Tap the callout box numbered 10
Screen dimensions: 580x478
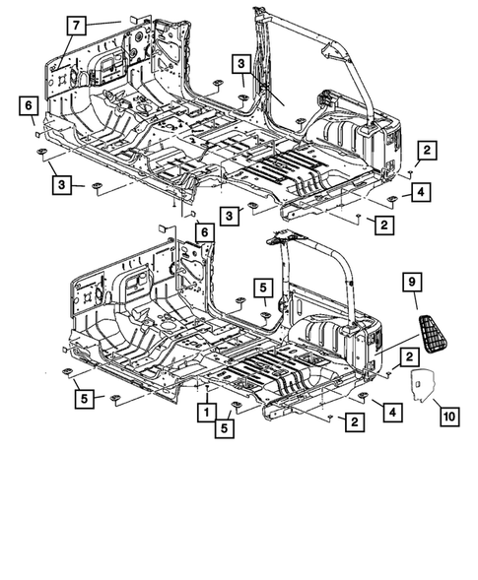448,418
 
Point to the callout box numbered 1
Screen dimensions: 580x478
208,411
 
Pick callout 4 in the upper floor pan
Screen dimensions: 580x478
419,192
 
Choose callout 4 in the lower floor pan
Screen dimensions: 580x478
391,410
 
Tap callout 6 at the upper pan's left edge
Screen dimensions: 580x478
28,106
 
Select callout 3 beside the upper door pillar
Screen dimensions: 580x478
241,65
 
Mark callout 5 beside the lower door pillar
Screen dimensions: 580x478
263,287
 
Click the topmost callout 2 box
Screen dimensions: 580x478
426,150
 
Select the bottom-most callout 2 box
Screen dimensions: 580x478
351,421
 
